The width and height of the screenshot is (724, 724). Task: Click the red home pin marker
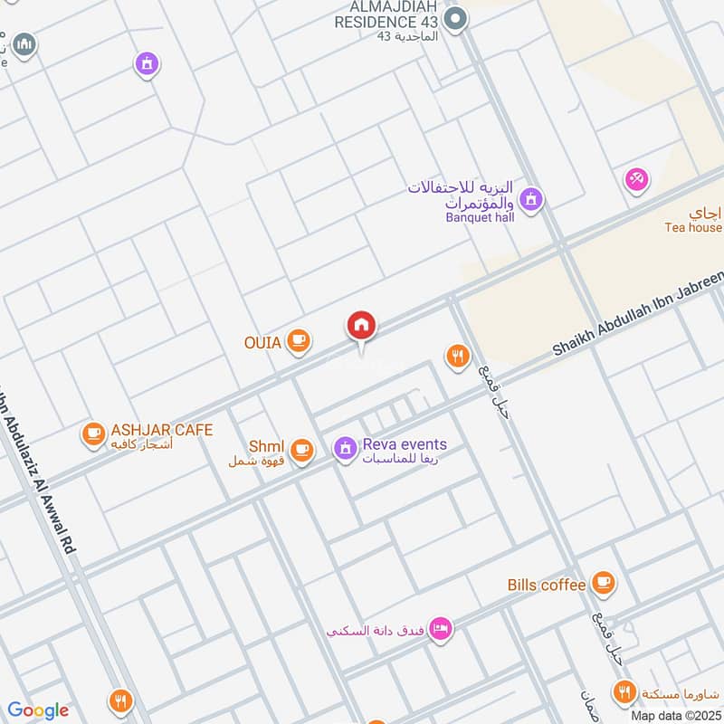pyautogui.click(x=362, y=326)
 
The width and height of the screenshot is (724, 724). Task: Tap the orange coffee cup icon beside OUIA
pyautogui.click(x=298, y=341)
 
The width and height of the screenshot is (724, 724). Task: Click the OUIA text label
pyautogui.click(x=262, y=342)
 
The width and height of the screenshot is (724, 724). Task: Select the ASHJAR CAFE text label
pyautogui.click(x=162, y=430)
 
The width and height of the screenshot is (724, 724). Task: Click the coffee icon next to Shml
pyautogui.click(x=301, y=448)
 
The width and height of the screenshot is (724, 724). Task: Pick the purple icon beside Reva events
pyautogui.click(x=344, y=448)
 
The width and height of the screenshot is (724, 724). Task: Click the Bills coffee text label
pyautogui.click(x=547, y=585)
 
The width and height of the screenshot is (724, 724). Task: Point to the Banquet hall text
pyautogui.click(x=480, y=217)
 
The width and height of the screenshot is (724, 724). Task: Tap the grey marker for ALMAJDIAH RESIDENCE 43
pyautogui.click(x=458, y=17)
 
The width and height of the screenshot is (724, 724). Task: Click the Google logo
pyautogui.click(x=37, y=710)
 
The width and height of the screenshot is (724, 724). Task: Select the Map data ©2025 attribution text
pyautogui.click(x=675, y=715)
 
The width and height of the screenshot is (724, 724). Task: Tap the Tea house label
pyautogui.click(x=693, y=228)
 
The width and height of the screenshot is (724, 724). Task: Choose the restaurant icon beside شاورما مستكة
pyautogui.click(x=624, y=694)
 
